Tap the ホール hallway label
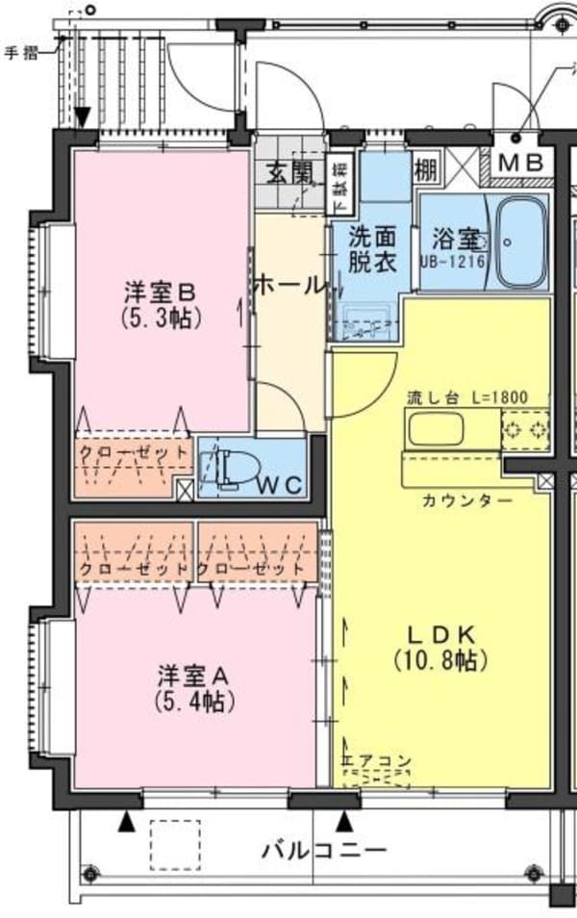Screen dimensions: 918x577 pyautogui.click(x=289, y=286)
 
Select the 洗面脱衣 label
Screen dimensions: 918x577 pyautogui.click(x=372, y=248)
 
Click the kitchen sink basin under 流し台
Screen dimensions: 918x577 pyautogui.click(x=437, y=428)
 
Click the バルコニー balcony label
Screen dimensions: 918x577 pyautogui.click(x=324, y=851)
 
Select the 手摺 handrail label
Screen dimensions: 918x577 pyautogui.click(x=21, y=53)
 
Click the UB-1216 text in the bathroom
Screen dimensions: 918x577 pyautogui.click(x=450, y=261)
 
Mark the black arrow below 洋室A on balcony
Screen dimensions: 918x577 pyautogui.click(x=125, y=822)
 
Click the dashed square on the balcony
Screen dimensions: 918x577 pyautogui.click(x=174, y=844)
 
